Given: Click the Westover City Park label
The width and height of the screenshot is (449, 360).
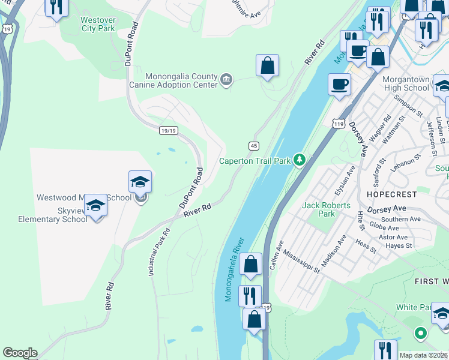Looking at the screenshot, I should pyautogui.click(x=98, y=23).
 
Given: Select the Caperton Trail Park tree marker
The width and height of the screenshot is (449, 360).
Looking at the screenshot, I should pyautogui.click(x=300, y=160).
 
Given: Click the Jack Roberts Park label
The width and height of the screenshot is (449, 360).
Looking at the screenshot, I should pyautogui.click(x=327, y=209).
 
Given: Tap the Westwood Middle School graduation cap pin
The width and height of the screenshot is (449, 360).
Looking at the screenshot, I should pyautogui.click(x=140, y=182).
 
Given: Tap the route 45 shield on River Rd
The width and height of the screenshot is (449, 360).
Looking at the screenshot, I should pyautogui.click(x=254, y=146).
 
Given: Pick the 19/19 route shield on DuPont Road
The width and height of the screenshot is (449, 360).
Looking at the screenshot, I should pyautogui.click(x=169, y=130).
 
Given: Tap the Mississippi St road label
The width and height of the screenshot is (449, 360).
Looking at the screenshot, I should pyautogui.click(x=301, y=262).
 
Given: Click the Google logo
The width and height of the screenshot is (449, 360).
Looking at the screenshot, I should pyautogui.click(x=20, y=353).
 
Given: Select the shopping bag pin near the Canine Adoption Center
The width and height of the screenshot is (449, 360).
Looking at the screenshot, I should pyautogui.click(x=267, y=66).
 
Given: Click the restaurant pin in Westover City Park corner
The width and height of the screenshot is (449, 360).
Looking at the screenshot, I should pyautogui.click(x=56, y=8).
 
